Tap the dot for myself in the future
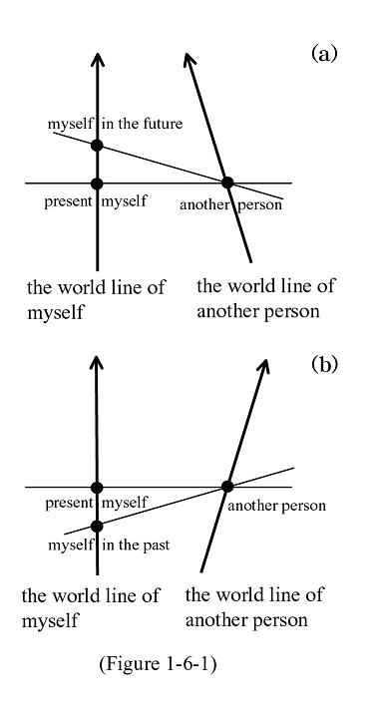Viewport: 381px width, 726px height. pyautogui.click(x=97, y=146)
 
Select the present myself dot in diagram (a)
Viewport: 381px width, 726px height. pyautogui.click(x=97, y=183)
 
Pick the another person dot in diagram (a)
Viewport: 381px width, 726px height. pyautogui.click(x=227, y=182)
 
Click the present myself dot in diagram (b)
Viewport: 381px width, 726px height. pyautogui.click(x=97, y=487)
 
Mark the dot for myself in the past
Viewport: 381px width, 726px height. pyautogui.click(x=97, y=526)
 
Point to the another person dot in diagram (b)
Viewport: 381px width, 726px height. pyautogui.click(x=227, y=487)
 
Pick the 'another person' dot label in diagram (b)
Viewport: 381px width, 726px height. pyautogui.click(x=276, y=506)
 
